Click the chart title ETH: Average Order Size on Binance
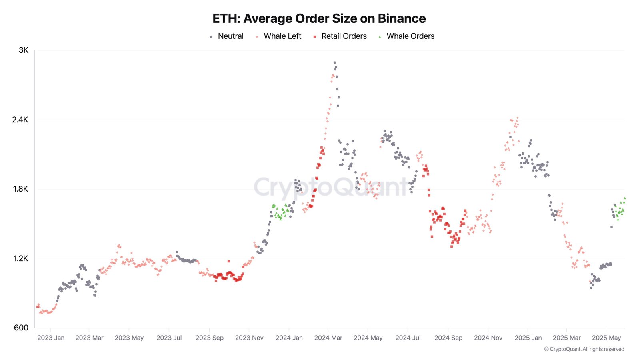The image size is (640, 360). (x=319, y=18)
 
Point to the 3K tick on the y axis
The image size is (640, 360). (x=24, y=50)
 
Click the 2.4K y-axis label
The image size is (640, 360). (x=20, y=120)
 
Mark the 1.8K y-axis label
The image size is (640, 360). (x=20, y=189)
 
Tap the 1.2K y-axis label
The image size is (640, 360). (x=20, y=258)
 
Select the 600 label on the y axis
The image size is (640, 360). (x=21, y=328)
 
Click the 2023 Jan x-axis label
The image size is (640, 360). (x=51, y=338)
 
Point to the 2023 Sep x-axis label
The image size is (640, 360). (x=209, y=338)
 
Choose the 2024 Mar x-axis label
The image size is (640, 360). (x=328, y=338)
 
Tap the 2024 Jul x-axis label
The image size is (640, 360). (x=408, y=338)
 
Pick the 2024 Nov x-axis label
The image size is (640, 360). (x=488, y=338)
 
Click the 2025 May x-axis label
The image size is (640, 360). (x=606, y=338)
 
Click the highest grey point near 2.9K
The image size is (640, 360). (x=334, y=62)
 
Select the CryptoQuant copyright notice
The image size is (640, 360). (x=584, y=349)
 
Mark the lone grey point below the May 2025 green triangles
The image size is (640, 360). (x=611, y=227)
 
